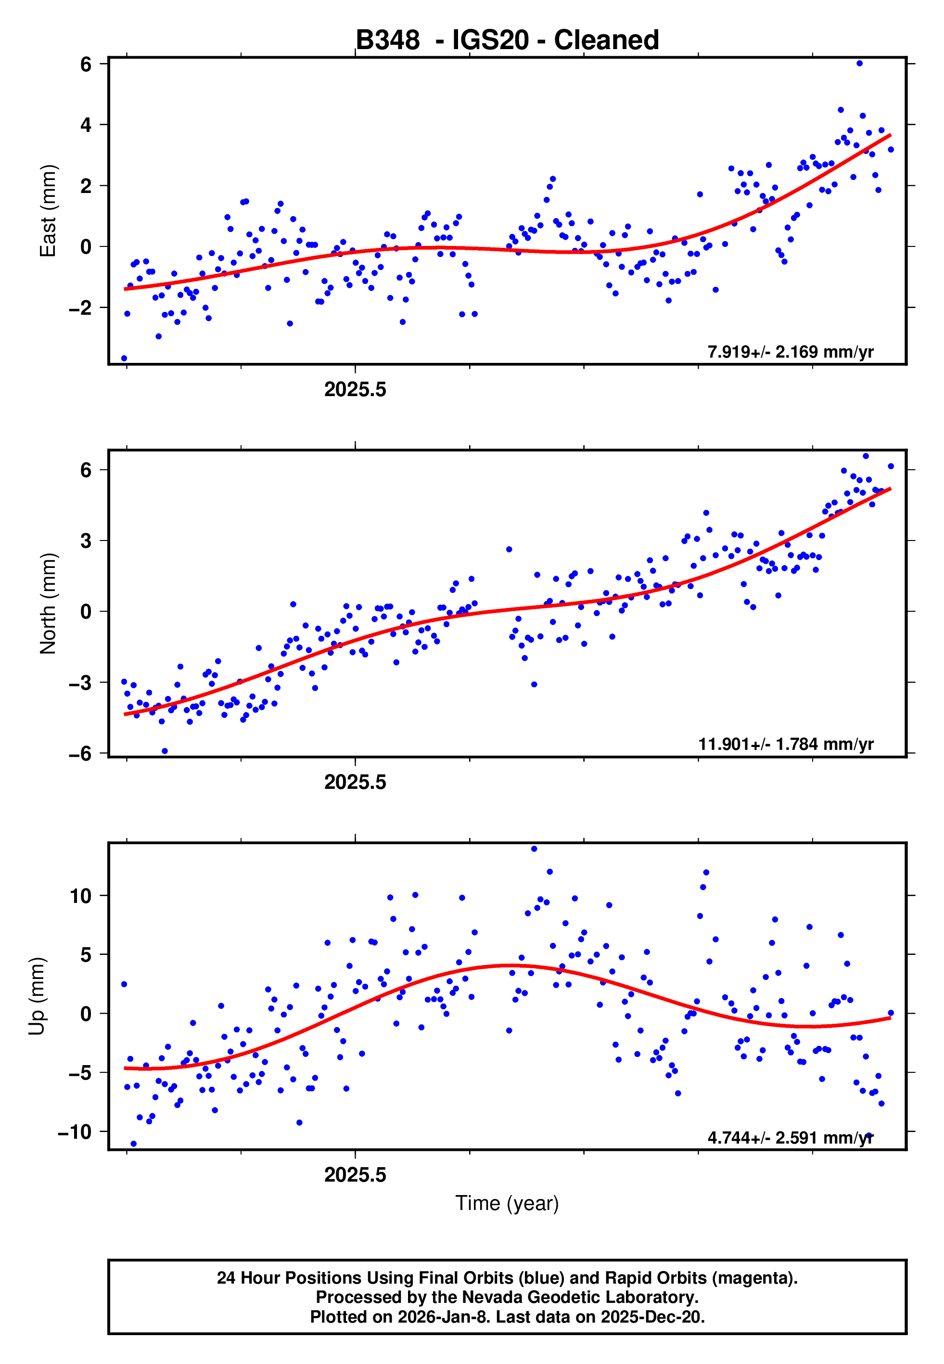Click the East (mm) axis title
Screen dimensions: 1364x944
[48, 211]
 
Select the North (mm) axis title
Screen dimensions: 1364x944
[48, 604]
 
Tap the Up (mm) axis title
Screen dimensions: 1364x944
[37, 996]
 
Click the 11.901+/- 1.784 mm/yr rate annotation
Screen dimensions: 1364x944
[786, 744]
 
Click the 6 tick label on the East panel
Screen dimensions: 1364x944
[86, 64]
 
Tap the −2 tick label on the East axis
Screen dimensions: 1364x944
[80, 308]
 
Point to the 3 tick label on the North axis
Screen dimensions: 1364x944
[86, 540]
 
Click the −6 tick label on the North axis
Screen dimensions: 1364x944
[80, 754]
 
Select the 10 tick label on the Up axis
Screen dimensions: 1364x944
[81, 896]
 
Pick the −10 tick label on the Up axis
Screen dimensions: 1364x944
[75, 1132]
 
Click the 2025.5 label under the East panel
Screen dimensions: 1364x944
[355, 390]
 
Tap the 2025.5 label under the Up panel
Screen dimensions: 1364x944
[355, 1175]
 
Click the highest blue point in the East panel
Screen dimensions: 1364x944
[859, 63]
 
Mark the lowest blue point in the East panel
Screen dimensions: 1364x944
[124, 359]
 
